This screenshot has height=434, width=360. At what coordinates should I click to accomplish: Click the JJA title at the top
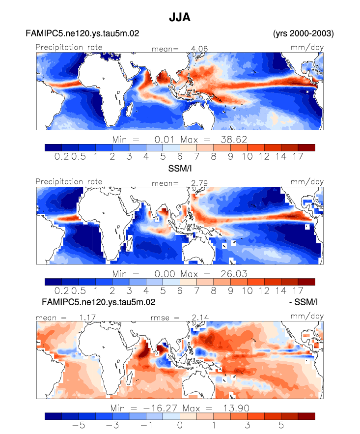pyautogui.click(x=179, y=17)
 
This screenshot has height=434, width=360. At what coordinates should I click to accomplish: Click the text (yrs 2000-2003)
pyautogui.click(x=304, y=33)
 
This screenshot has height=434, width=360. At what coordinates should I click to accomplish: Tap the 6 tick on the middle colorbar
pyautogui.click(x=180, y=290)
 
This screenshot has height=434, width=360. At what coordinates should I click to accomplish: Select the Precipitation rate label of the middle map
pyautogui.click(x=69, y=181)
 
